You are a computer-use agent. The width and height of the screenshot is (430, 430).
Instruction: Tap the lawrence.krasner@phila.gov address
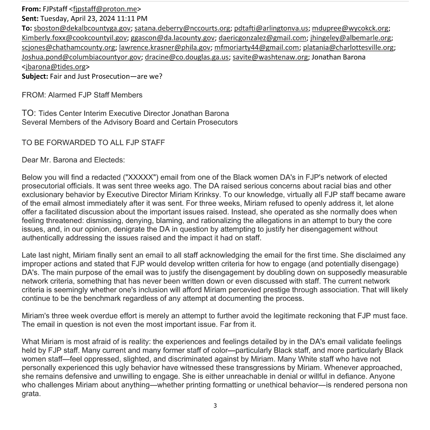point(165,47)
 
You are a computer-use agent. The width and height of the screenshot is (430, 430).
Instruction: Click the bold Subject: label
point(35,76)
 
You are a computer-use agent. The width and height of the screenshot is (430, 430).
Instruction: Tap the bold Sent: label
point(30,18)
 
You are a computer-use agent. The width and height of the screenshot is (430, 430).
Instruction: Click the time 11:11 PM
point(134,18)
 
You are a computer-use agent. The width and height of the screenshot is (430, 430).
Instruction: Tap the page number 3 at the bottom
point(215,406)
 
